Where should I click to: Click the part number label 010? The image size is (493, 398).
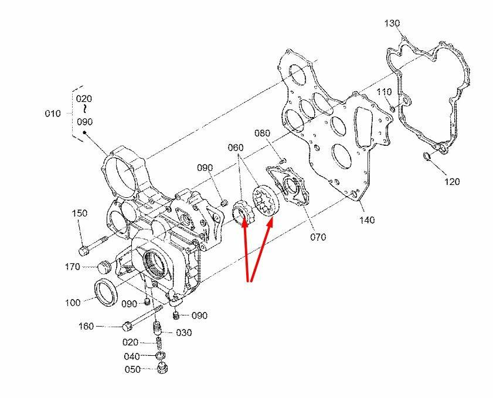click(53, 114)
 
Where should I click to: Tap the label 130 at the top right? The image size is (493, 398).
click(392, 23)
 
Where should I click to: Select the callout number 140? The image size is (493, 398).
click(368, 220)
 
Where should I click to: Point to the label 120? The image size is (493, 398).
click(452, 181)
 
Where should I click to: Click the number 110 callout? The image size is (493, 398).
click(384, 92)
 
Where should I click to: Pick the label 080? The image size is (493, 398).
click(262, 133)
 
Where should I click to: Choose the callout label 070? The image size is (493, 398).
click(318, 237)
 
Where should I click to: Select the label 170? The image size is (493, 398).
click(73, 267)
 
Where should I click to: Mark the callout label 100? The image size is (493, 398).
click(73, 303)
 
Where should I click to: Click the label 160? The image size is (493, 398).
click(86, 326)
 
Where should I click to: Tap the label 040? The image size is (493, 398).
click(132, 356)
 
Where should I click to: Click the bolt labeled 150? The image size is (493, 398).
click(94, 243)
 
